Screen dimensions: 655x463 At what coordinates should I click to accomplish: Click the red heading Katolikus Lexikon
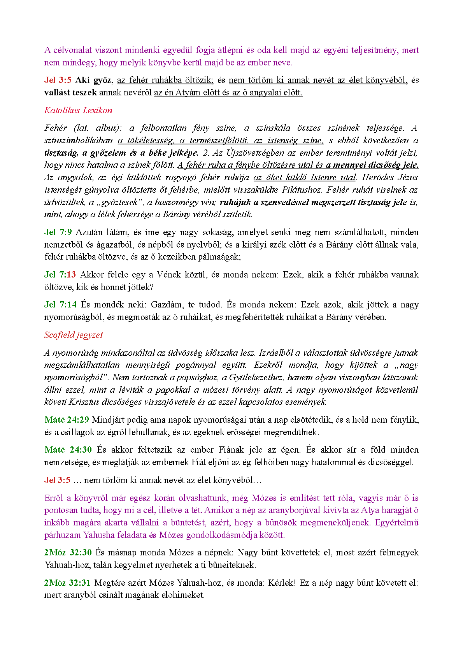(x=78, y=111)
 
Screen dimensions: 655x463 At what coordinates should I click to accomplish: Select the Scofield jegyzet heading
(x=74, y=335)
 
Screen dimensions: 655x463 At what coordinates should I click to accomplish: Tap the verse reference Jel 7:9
(x=58, y=232)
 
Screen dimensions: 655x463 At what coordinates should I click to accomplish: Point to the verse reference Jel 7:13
(x=60, y=275)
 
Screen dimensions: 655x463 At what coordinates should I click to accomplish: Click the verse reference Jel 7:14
(x=60, y=305)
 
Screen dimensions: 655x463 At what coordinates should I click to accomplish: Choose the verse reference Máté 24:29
(x=67, y=420)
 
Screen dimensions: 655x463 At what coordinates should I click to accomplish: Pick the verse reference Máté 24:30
(x=68, y=450)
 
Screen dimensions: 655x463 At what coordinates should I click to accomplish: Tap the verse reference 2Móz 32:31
(x=67, y=583)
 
